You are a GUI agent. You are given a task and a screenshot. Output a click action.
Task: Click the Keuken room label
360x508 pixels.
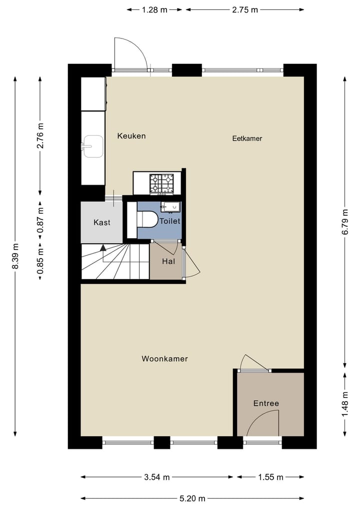pos(131,136)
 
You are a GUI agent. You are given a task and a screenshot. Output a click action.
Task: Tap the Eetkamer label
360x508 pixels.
pos(247,138)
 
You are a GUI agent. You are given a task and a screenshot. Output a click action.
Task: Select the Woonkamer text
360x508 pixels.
pos(164,359)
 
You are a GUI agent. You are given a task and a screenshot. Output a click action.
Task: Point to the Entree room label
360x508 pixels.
pos(266,404)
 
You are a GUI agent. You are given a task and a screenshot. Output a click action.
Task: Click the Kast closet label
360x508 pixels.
pos(102,222)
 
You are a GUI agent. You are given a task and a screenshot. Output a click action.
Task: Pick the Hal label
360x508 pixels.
pos(168,261)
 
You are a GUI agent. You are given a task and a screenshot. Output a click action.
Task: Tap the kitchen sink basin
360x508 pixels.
pos(92,146)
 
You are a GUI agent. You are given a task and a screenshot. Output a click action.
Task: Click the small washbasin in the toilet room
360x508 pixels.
pos(170,206)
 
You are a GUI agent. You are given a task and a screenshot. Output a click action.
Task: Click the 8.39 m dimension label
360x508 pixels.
pos(15,256)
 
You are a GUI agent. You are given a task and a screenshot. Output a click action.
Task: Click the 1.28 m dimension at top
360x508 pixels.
pos(154,9)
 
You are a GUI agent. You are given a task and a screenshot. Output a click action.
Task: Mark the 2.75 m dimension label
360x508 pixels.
pos(245,9)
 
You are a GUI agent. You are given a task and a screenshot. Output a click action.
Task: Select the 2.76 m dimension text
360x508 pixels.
pos(40,136)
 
